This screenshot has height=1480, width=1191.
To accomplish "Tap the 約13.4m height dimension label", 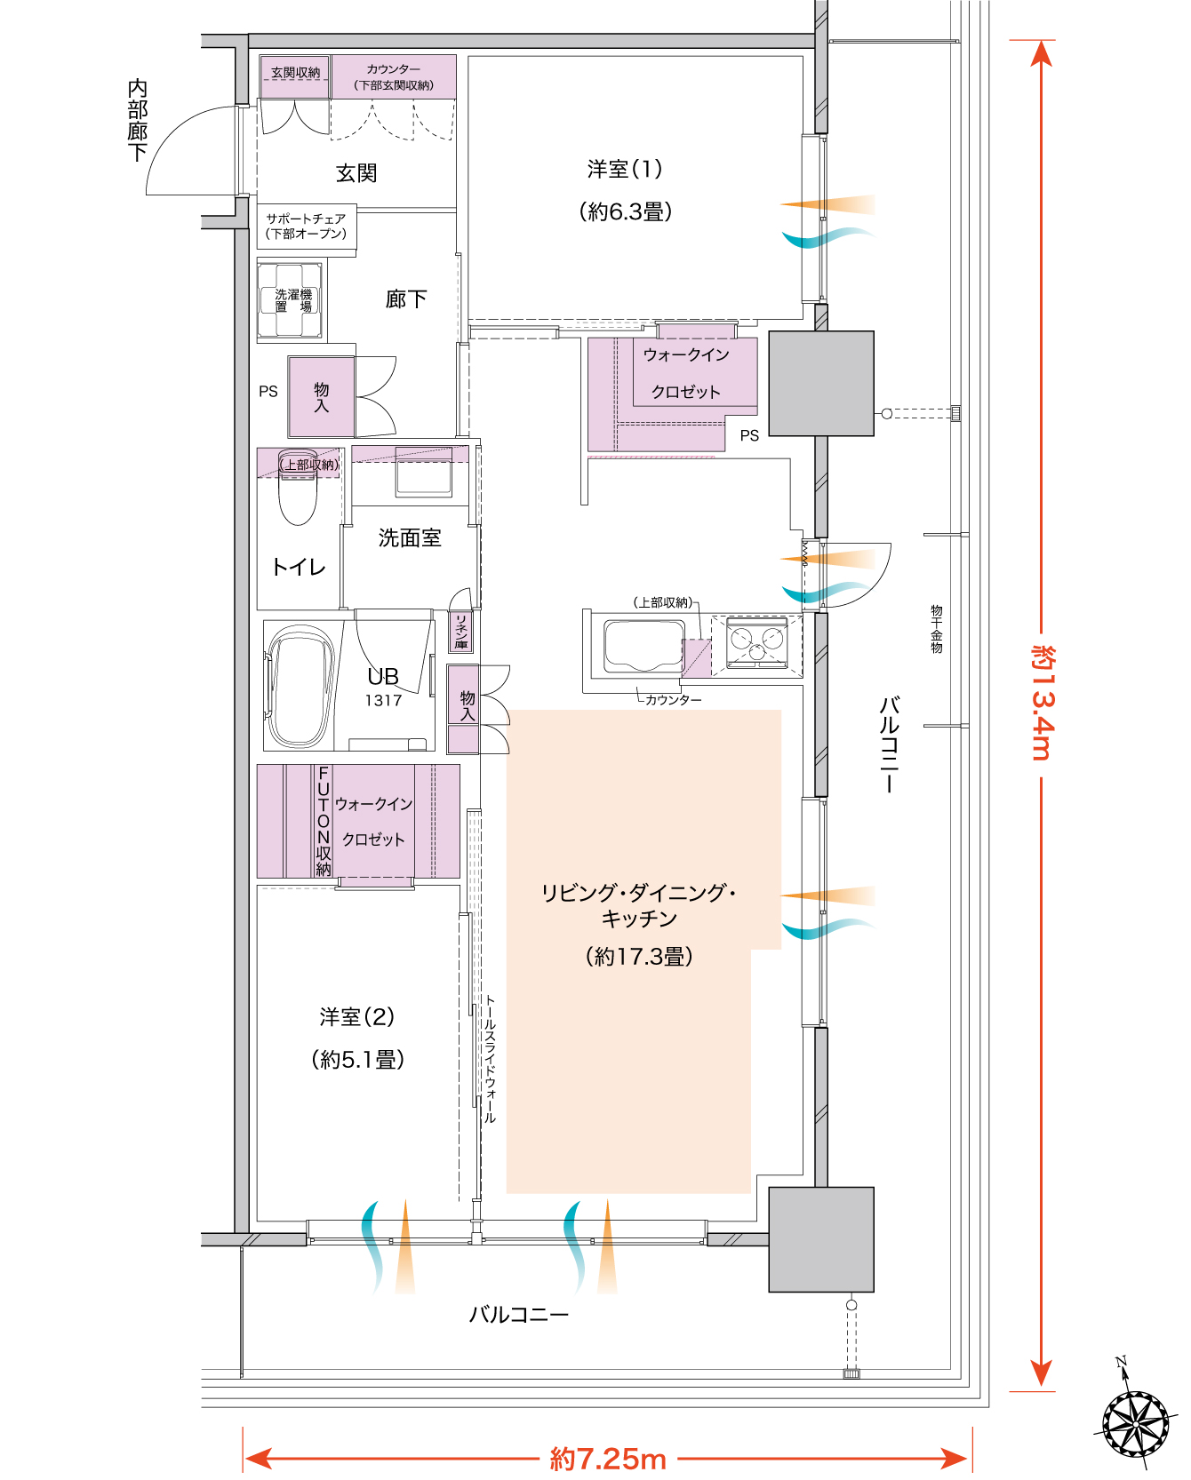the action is [1043, 703].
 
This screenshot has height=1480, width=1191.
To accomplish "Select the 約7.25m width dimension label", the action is [608, 1458].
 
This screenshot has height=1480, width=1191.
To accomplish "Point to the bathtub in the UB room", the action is [302, 686].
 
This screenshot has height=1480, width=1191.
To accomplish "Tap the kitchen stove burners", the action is [756, 641].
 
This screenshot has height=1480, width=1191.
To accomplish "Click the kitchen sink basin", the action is [643, 646].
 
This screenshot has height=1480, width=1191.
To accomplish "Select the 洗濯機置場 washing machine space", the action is [291, 299].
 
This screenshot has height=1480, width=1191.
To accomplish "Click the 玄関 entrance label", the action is [356, 172].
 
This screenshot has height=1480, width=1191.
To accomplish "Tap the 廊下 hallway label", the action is [406, 298].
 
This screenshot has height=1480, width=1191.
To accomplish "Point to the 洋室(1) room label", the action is [625, 169].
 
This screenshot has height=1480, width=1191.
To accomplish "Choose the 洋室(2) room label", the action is [357, 1016].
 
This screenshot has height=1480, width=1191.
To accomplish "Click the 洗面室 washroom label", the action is [410, 537].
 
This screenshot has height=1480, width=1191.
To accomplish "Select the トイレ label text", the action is [299, 567].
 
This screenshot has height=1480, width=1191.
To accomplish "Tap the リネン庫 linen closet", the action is [461, 632].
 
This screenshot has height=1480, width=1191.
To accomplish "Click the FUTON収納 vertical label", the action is [324, 821].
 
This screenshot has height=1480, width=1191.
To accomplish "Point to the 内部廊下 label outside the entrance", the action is [137, 121].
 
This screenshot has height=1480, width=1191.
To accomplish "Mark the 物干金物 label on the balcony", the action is [936, 629].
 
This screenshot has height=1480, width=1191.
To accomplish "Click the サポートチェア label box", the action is [307, 227].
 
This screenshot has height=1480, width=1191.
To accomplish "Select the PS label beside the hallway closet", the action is [268, 391].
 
